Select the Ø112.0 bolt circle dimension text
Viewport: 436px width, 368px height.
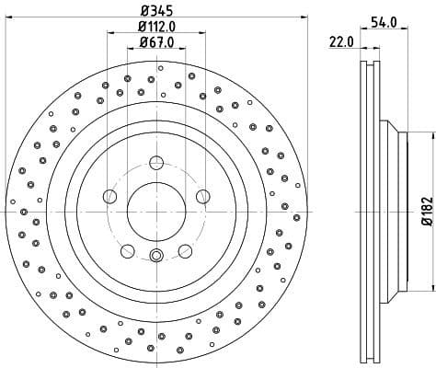coord(156,27)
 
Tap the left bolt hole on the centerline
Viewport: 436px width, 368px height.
coord(110,195)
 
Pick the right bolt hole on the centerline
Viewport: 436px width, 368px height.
coord(201,195)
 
